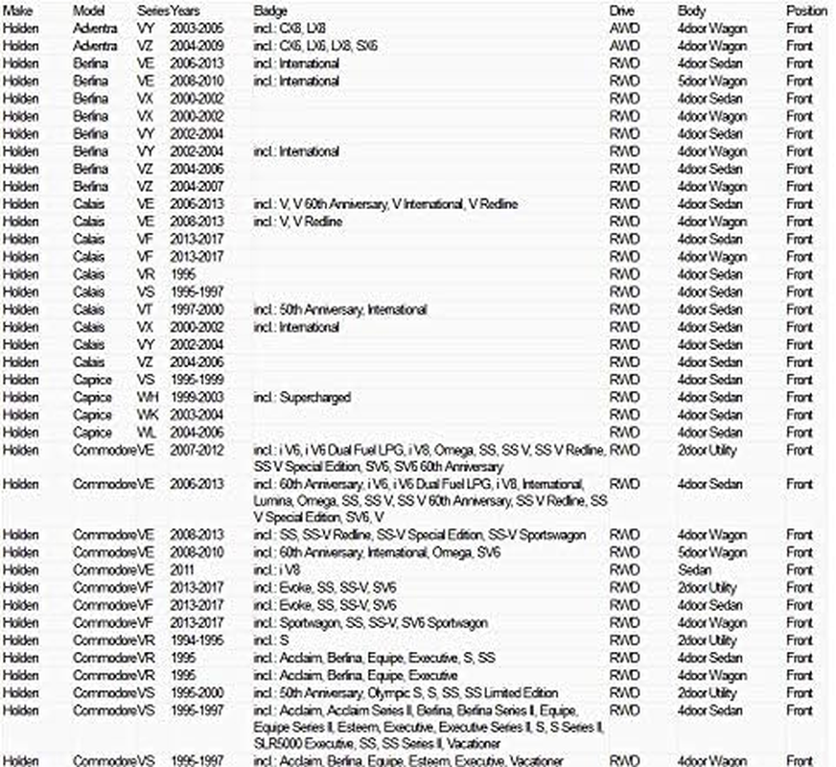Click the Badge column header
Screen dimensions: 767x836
(270, 11)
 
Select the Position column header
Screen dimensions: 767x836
(806, 11)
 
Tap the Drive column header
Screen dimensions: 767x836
(621, 11)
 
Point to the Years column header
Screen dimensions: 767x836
(186, 11)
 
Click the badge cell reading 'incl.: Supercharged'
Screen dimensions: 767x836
(302, 398)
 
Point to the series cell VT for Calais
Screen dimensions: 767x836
(146, 310)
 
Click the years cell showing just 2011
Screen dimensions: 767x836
(183, 570)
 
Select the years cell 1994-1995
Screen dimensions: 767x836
(196, 640)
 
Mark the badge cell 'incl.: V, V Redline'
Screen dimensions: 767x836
(298, 221)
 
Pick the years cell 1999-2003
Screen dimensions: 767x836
(196, 398)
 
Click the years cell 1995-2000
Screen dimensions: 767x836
(196, 693)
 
